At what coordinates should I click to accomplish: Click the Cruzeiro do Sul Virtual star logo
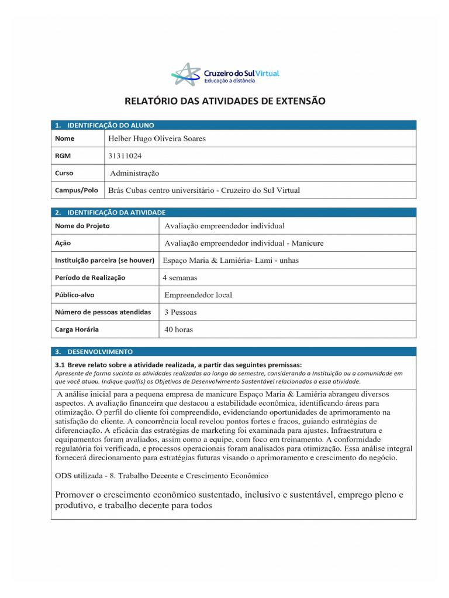point(185,74)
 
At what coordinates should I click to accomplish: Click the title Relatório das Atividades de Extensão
point(224,101)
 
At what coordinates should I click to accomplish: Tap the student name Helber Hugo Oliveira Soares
point(157,139)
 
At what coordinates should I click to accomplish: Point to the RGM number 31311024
point(125,156)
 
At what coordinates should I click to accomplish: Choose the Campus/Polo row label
point(77,190)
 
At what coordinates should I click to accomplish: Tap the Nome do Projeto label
point(82,226)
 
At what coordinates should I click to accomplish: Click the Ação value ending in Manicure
point(244,243)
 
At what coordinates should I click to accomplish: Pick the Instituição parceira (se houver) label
point(105,260)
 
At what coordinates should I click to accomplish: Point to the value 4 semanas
point(180,278)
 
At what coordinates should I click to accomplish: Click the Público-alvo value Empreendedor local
point(198,295)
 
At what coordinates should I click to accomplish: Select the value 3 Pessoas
point(181,312)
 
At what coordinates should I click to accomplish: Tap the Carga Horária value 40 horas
point(178,329)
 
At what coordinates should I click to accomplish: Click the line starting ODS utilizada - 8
point(161,475)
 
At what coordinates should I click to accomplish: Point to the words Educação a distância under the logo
point(229,81)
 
